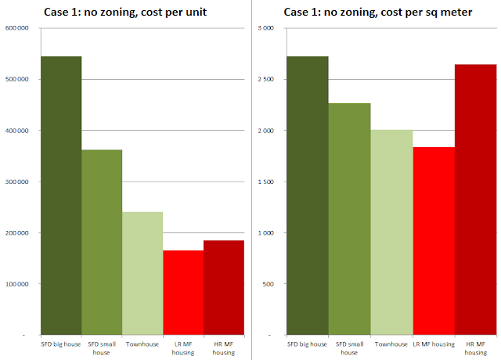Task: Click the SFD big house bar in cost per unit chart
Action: (61, 196)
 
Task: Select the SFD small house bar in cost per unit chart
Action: (102, 243)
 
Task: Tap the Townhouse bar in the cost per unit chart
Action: (142, 274)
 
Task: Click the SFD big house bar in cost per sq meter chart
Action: (308, 196)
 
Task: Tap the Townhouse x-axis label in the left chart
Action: (142, 344)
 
